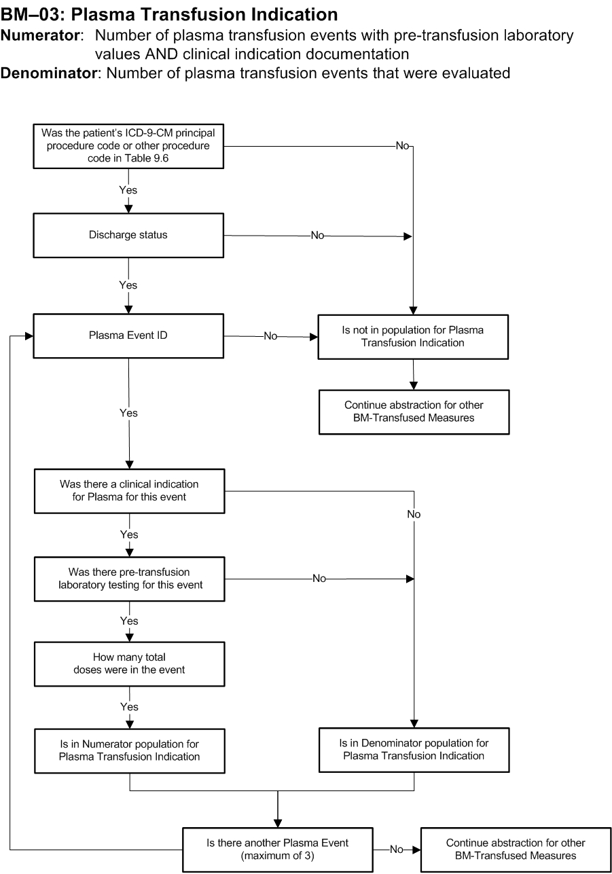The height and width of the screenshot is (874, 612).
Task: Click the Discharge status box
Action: [x=128, y=235]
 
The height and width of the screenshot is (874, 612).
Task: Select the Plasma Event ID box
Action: [x=128, y=336]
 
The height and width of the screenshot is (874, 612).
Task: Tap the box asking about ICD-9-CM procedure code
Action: [x=128, y=146]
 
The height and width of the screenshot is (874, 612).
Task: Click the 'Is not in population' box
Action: [x=413, y=337]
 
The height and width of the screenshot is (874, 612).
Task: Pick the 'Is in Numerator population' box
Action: [x=130, y=750]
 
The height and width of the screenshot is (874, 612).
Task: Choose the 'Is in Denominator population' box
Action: [x=414, y=750]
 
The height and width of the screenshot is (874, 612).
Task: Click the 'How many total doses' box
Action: [x=130, y=664]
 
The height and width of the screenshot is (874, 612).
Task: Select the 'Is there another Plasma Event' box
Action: [x=278, y=850]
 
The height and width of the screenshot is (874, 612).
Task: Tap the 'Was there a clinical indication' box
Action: [x=130, y=491]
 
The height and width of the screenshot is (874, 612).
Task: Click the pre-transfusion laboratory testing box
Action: [x=130, y=579]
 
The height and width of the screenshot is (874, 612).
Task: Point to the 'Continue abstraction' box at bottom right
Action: [x=516, y=850]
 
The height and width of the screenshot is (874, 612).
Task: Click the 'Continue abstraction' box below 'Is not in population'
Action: [x=414, y=412]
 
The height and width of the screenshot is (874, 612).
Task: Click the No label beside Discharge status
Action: [x=317, y=236]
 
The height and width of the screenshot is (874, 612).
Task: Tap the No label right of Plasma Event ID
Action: [x=270, y=336]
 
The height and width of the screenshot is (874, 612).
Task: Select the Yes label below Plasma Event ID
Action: [x=128, y=413]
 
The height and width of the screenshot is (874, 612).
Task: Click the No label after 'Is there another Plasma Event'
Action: [x=397, y=850]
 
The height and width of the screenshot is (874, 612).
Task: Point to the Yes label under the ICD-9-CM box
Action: [x=128, y=190]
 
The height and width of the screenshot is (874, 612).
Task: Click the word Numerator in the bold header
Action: [x=40, y=35]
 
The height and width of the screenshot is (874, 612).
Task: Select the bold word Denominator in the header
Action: [x=48, y=73]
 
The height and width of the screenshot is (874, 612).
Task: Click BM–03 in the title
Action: [x=31, y=14]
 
